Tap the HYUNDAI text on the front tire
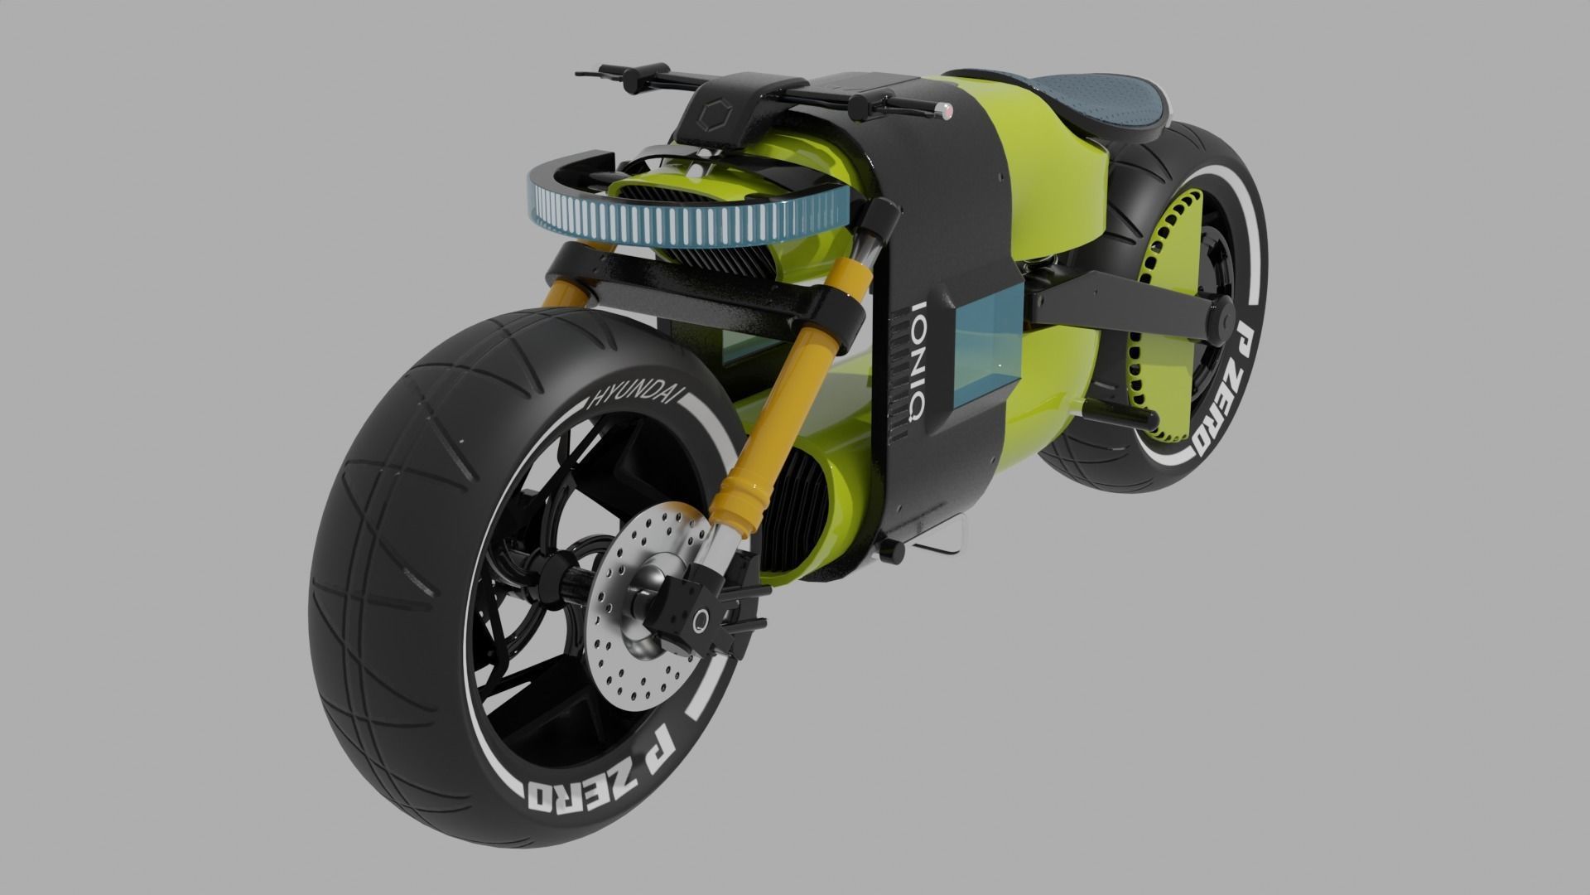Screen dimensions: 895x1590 point(634,403)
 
